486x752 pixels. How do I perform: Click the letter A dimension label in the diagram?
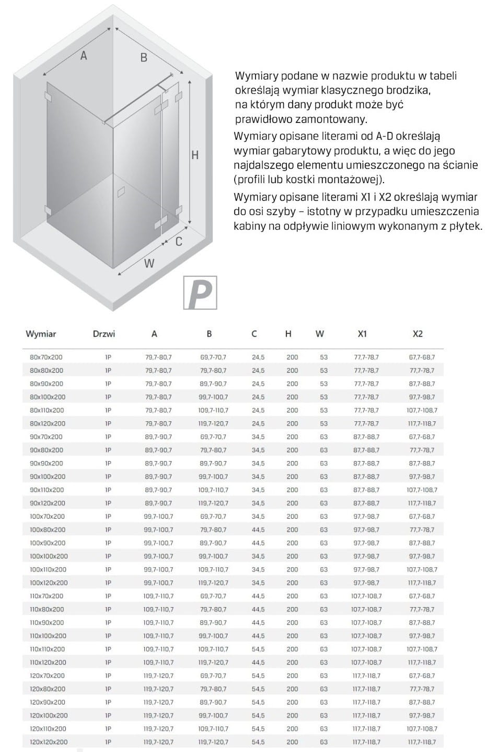tap(84, 55)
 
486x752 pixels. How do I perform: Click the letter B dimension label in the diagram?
tap(144, 58)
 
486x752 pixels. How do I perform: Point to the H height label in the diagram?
tap(195, 155)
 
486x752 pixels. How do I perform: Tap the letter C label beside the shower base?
tap(179, 241)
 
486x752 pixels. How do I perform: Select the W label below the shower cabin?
tap(149, 263)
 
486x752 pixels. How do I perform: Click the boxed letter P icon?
tap(200, 293)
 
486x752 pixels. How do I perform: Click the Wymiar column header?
tap(41, 334)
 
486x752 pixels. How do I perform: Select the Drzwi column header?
tap(103, 334)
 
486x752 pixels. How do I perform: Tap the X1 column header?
tap(362, 334)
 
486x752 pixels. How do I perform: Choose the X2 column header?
tap(418, 334)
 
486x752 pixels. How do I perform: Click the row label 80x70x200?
tap(46, 357)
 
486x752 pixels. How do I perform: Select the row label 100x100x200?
tap(49, 556)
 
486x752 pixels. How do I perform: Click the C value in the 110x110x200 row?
tap(258, 649)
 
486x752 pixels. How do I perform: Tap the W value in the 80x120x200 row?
tap(324, 423)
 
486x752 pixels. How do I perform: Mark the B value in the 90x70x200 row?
tap(213, 437)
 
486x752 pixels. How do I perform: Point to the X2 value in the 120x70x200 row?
tap(422, 676)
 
